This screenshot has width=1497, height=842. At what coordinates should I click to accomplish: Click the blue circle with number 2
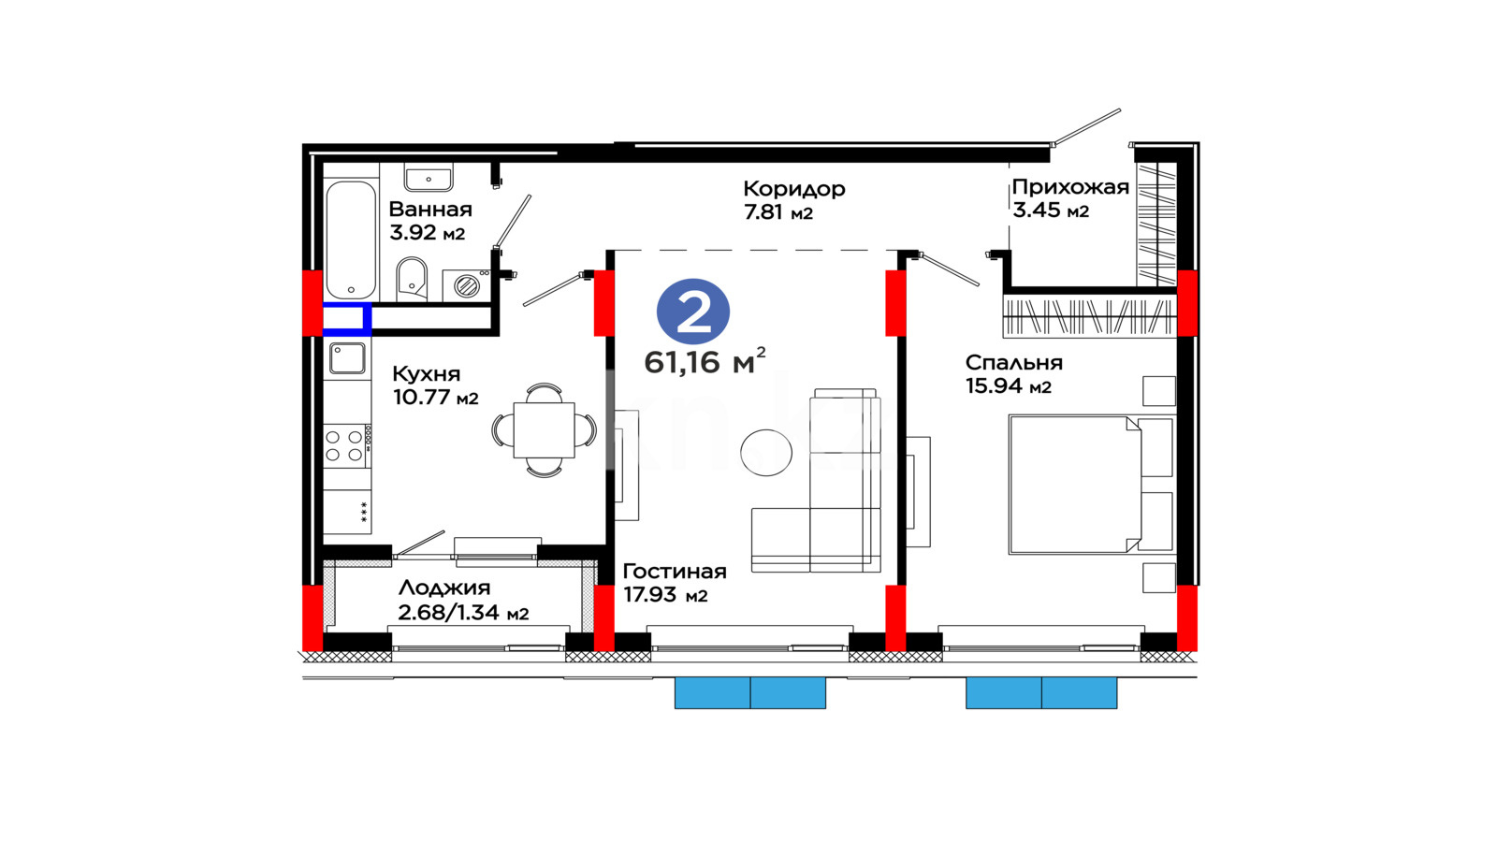click(693, 312)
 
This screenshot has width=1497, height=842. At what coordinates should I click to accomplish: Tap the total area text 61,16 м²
click(705, 361)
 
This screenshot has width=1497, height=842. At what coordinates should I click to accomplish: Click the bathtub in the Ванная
click(351, 240)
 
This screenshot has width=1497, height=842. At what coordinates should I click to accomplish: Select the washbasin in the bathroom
click(429, 177)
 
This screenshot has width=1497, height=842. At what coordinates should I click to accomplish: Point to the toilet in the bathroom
click(412, 279)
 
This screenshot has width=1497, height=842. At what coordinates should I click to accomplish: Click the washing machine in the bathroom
click(467, 285)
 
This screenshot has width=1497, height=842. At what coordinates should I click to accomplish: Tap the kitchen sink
click(347, 358)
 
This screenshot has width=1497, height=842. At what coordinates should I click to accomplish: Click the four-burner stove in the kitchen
click(347, 445)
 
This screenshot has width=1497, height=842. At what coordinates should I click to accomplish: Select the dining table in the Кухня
click(544, 429)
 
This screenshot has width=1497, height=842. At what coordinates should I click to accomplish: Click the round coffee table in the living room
click(766, 453)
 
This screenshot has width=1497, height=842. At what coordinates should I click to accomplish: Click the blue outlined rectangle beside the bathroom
click(347, 319)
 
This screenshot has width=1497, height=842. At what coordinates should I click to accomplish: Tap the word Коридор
click(794, 189)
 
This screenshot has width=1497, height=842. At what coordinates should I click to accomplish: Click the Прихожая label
click(1070, 187)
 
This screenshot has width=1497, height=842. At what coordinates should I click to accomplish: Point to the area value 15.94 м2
click(1009, 385)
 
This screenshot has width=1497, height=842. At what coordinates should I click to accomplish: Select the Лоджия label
click(444, 588)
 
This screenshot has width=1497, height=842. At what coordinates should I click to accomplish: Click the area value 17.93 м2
click(665, 594)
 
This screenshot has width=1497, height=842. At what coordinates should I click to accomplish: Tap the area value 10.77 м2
click(436, 397)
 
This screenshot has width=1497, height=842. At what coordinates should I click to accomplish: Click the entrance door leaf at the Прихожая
click(1086, 126)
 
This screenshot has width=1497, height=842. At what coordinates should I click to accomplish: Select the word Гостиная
click(675, 572)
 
